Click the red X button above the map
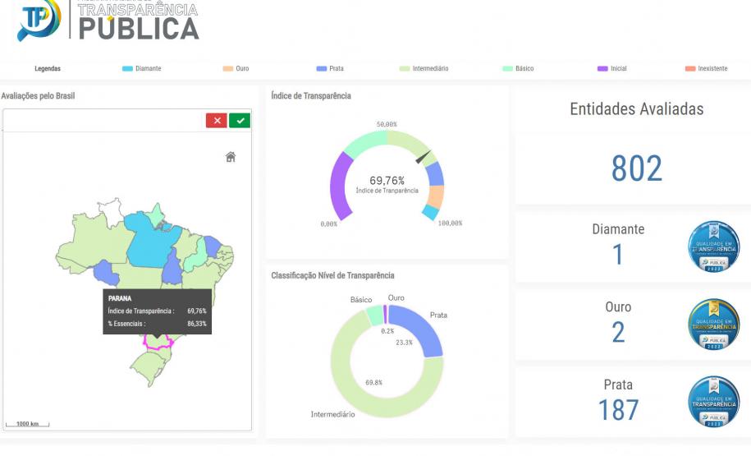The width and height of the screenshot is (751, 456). [217, 121]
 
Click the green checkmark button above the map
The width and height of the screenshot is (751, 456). [240, 121]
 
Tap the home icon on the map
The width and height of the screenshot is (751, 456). [231, 157]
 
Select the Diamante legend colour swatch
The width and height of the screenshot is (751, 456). [127, 69]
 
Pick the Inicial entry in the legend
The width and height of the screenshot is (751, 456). [612, 69]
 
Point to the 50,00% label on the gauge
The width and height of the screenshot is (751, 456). [387, 124]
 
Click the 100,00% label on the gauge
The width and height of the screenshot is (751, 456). [450, 223]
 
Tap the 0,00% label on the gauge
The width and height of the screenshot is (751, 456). [328, 223]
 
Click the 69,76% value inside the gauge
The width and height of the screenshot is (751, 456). [387, 181]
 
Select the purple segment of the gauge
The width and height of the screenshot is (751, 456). [340, 185]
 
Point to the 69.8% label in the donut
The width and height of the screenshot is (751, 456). [373, 383]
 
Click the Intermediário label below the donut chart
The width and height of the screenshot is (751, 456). [333, 414]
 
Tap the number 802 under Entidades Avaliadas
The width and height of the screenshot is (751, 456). [636, 169]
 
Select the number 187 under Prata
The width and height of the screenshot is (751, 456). [618, 409]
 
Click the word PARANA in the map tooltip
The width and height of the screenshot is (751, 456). [120, 299]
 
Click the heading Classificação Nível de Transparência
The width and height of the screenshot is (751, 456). [332, 275]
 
